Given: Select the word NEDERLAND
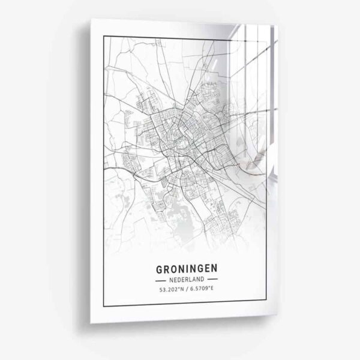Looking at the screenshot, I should tap(186, 279).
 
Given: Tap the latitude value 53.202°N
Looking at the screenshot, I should tap(167, 292).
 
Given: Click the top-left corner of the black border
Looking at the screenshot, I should tap(104, 38).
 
